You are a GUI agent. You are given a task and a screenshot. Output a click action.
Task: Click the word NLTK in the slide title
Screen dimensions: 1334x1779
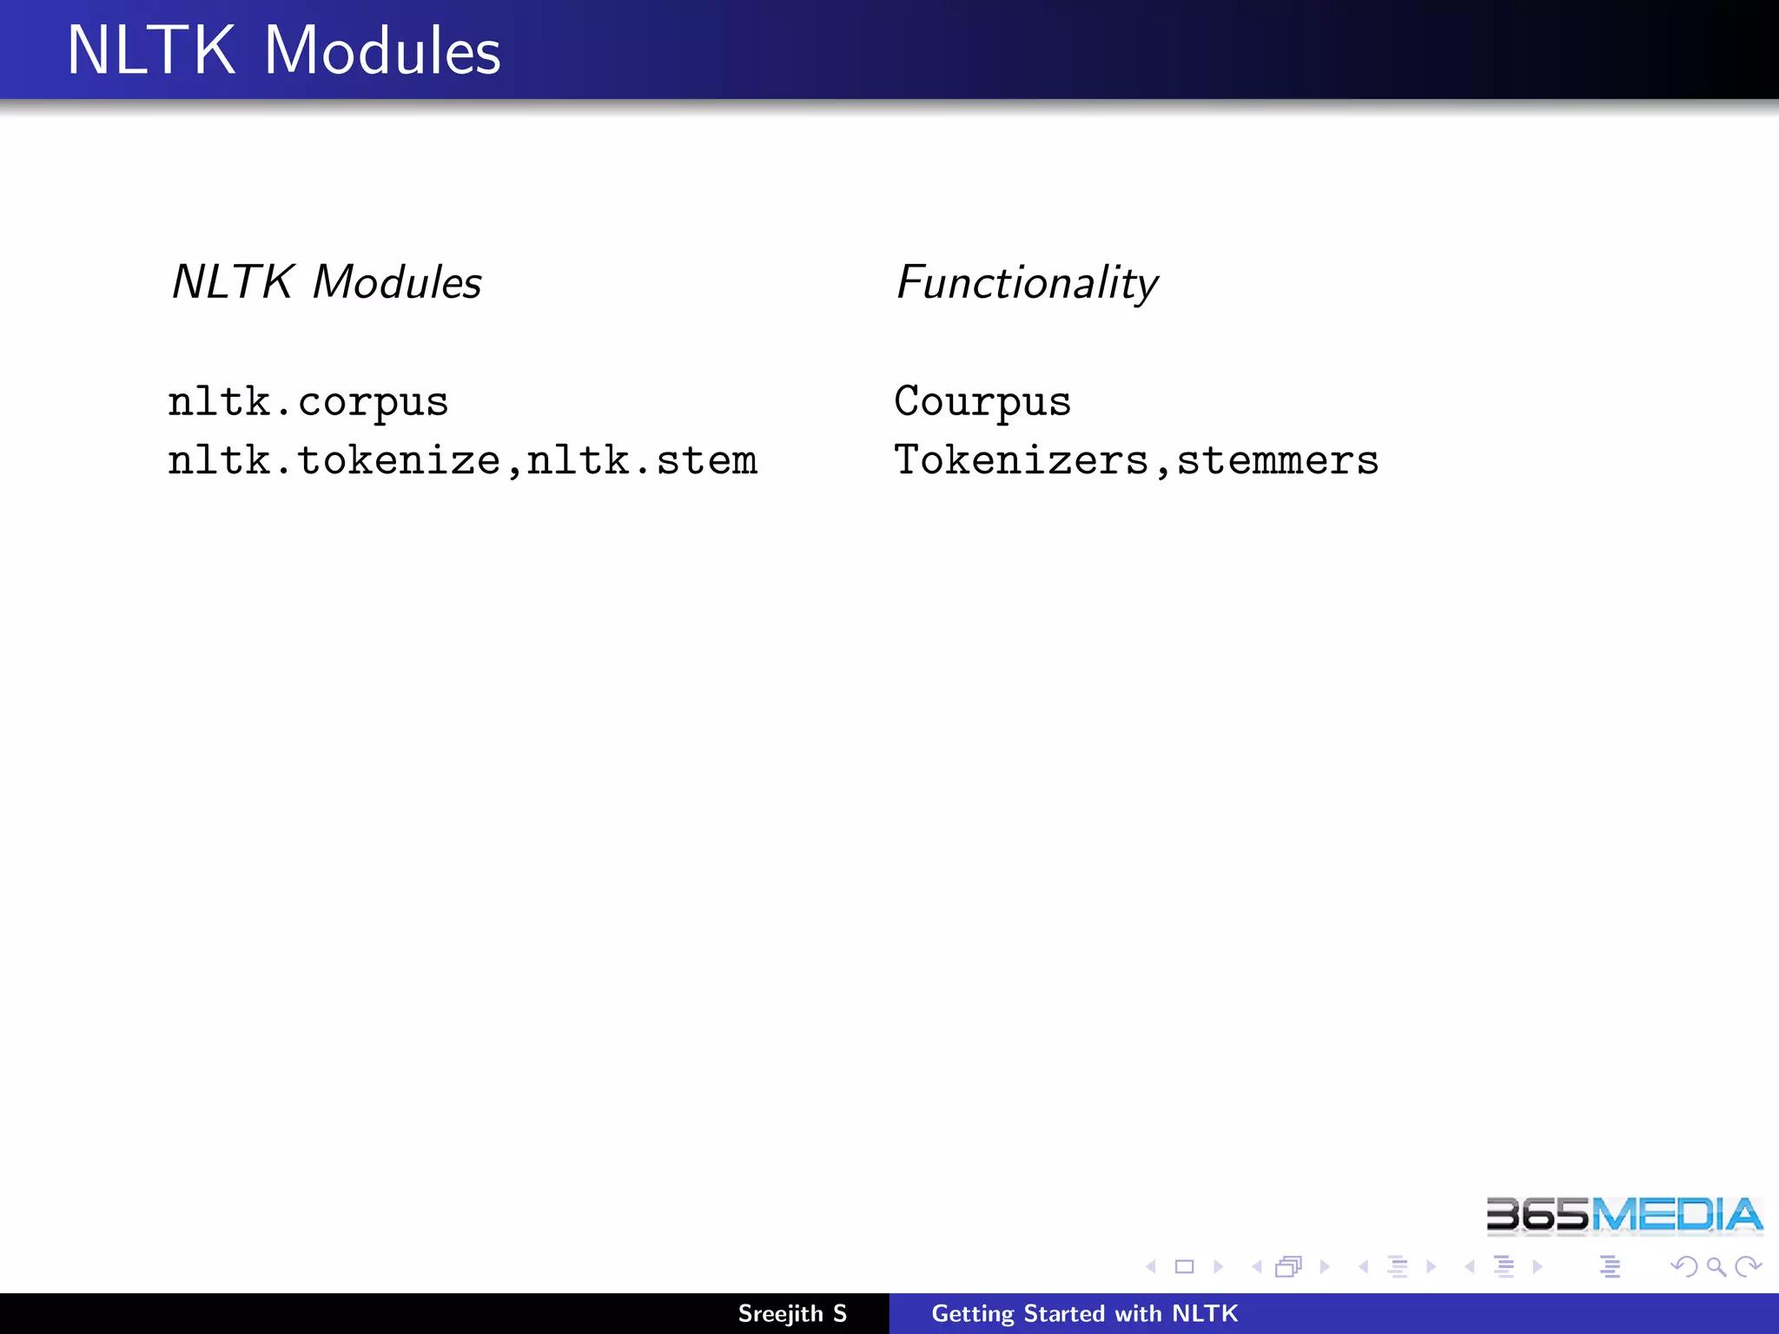(x=150, y=50)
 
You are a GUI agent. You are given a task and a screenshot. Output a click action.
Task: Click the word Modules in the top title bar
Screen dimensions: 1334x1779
(x=382, y=50)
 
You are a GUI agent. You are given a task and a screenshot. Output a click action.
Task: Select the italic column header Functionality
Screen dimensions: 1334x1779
(x=1027, y=283)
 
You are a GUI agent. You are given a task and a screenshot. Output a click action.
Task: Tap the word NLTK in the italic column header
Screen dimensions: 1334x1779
(x=232, y=282)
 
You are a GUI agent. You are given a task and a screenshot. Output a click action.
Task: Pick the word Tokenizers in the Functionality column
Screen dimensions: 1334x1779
(x=1021, y=460)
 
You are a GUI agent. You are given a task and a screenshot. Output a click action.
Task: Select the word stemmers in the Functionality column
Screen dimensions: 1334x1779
(x=1277, y=460)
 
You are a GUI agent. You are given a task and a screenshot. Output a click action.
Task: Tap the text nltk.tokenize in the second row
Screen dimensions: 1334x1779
(x=334, y=460)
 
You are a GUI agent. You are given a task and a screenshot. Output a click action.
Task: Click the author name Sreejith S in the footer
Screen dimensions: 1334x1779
(x=791, y=1313)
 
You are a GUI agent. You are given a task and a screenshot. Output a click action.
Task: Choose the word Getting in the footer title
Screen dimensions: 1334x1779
(x=972, y=1314)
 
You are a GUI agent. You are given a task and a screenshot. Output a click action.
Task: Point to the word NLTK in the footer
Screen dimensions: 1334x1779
(x=1205, y=1313)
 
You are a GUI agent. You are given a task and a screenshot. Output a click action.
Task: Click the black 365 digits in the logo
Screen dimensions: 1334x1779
(x=1537, y=1215)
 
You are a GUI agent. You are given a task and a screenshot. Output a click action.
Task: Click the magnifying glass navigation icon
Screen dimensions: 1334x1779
(x=1716, y=1267)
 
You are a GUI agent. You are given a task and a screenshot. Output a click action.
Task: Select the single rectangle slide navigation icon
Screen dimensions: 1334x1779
(x=1184, y=1267)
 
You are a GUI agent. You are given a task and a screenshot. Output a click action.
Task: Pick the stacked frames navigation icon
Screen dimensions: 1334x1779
(x=1288, y=1267)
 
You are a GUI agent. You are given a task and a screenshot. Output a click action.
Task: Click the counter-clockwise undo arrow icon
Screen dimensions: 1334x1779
(x=1683, y=1267)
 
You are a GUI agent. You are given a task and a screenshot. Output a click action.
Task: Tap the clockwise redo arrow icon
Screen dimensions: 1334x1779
(x=1747, y=1267)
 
